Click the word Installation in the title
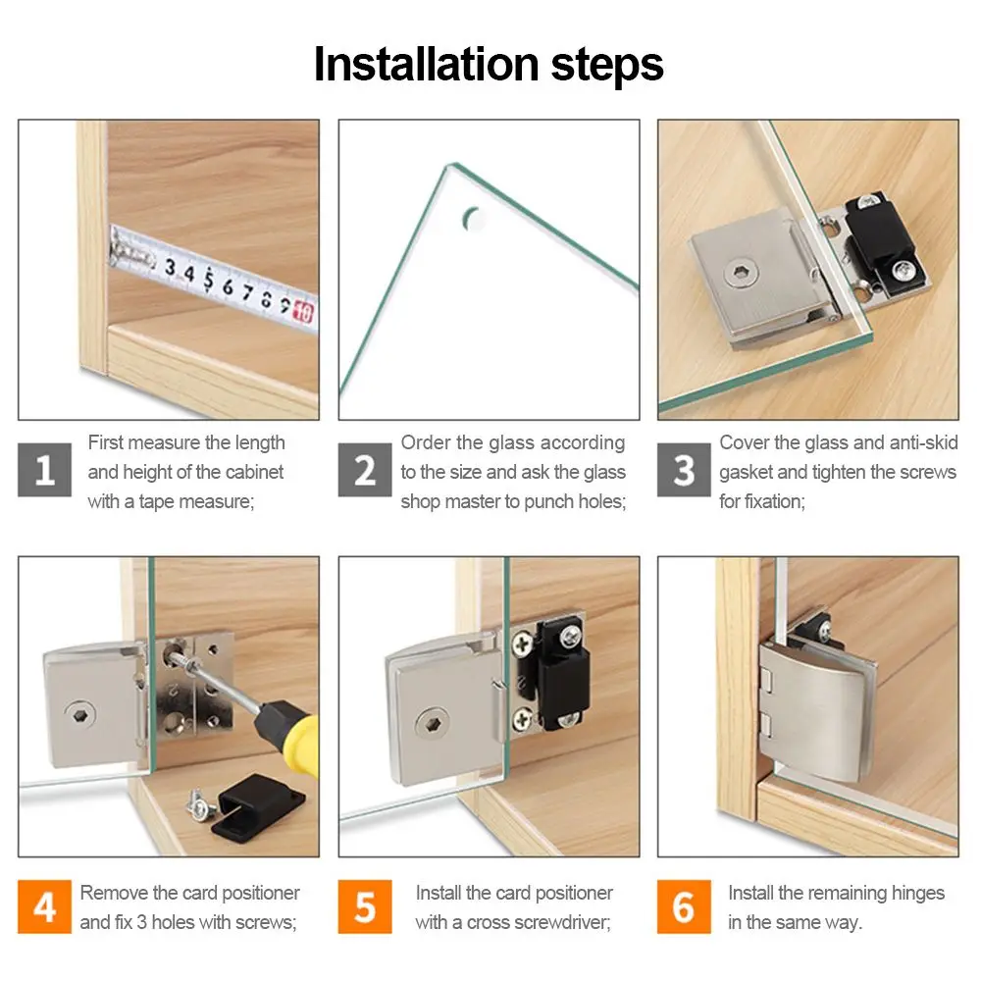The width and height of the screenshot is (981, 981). (426, 64)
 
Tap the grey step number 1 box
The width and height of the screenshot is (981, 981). (44, 470)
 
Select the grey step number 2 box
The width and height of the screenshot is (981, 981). (365, 470)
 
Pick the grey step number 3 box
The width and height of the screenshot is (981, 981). (684, 470)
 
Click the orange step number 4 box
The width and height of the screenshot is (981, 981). (44, 906)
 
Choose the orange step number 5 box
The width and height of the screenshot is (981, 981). (365, 906)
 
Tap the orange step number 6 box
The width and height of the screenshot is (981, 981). (684, 906)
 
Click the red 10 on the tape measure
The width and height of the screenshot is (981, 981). (303, 311)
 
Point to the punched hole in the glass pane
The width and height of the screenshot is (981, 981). (474, 219)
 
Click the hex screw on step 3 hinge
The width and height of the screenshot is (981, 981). (742, 274)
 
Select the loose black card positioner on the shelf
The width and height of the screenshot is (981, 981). (257, 807)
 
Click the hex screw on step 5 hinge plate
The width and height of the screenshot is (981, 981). (433, 725)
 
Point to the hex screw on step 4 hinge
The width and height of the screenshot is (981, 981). (80, 715)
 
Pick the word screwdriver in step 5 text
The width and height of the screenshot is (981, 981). (566, 922)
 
